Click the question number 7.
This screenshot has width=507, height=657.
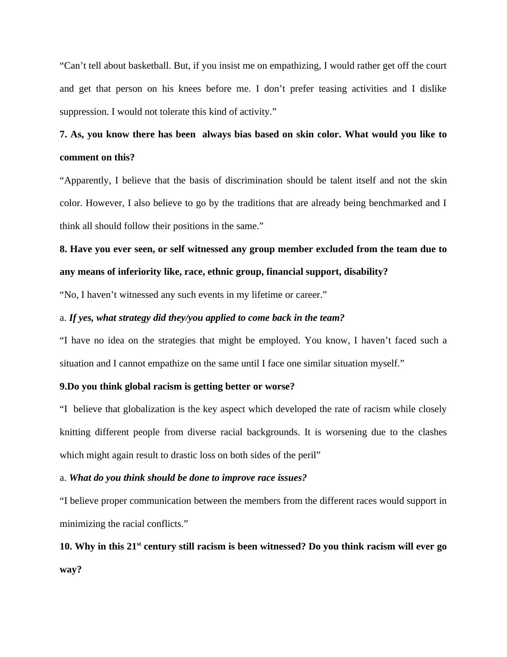tap(63, 134)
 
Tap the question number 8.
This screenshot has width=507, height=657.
tap(63, 249)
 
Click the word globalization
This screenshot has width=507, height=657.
tap(149, 409)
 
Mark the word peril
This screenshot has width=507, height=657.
tap(308, 455)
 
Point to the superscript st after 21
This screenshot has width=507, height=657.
tap(139, 544)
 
